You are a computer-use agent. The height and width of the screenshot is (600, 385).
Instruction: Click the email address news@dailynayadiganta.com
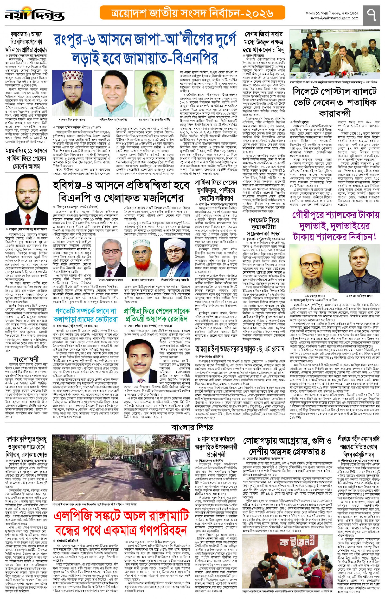tap(335, 18)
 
